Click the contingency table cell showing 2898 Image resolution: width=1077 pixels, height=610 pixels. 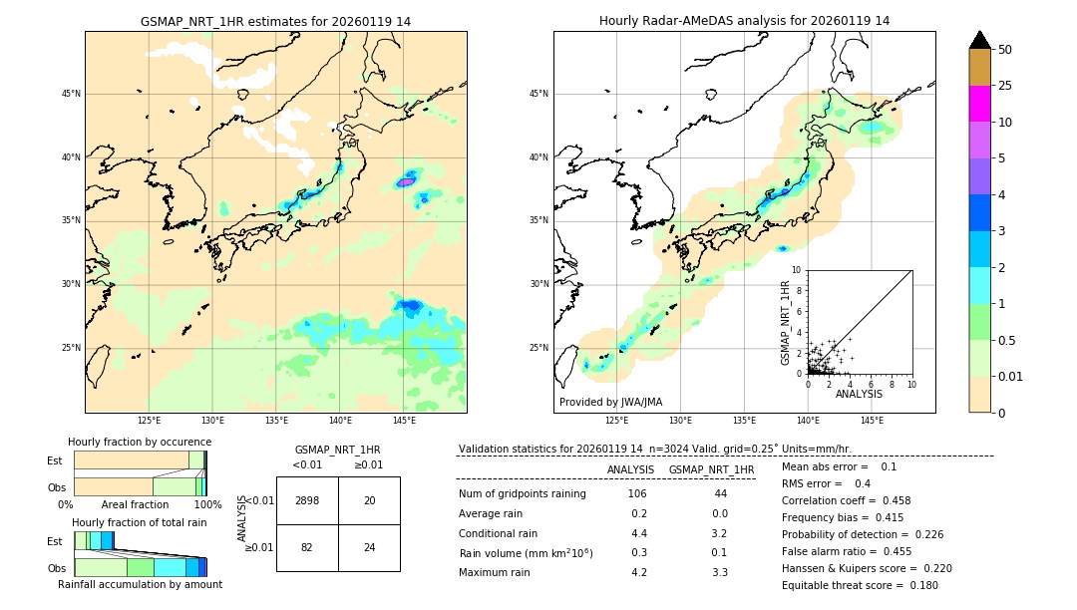[x=307, y=500]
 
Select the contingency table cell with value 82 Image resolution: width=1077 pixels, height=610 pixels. [x=307, y=547]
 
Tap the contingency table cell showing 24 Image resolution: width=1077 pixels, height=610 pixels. [x=369, y=547]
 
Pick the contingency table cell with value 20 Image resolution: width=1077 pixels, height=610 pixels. [x=369, y=500]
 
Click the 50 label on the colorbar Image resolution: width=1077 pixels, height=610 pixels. [x=1005, y=50]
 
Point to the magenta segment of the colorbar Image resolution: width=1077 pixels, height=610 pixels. [x=980, y=104]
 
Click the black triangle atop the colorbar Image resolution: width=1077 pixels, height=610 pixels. [x=980, y=40]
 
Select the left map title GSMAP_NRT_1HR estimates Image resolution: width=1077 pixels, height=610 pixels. [x=275, y=21]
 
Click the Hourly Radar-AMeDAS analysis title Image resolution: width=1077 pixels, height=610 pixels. [x=744, y=21]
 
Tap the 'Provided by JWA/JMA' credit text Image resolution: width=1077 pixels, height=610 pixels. [x=610, y=402]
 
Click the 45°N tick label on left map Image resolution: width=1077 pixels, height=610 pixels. [x=71, y=94]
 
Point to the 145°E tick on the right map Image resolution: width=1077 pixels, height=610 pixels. [x=872, y=421]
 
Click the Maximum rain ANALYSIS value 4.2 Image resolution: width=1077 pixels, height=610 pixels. [x=639, y=572]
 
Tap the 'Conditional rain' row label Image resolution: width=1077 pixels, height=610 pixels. [x=499, y=533]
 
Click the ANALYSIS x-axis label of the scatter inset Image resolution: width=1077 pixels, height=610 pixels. [x=859, y=395]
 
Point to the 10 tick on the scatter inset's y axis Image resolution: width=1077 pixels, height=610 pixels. [x=797, y=270]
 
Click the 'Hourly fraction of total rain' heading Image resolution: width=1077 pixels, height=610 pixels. [x=140, y=522]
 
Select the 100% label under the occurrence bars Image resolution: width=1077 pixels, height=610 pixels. [x=207, y=504]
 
